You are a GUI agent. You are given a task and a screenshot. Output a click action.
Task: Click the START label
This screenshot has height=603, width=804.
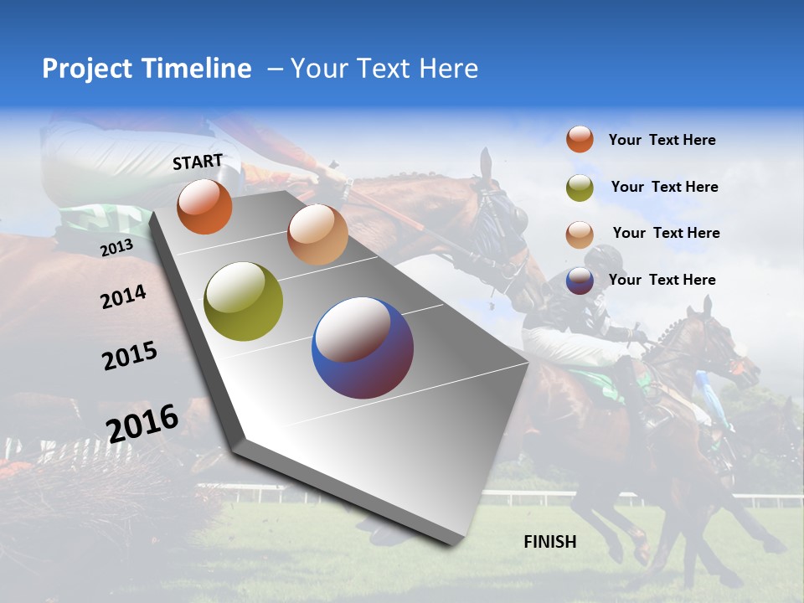(198, 162)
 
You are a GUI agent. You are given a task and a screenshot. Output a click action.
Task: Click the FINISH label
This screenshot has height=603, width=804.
(549, 542)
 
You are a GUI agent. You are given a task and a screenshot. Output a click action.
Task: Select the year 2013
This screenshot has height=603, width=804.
(116, 247)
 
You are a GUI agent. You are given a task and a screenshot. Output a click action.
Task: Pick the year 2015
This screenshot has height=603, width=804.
(130, 356)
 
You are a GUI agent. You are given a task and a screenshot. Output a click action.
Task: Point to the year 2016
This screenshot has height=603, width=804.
(142, 422)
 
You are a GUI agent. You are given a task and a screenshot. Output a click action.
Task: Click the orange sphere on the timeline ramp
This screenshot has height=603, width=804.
(204, 206)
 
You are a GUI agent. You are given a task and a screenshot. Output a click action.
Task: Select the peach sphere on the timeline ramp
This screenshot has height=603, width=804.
(317, 234)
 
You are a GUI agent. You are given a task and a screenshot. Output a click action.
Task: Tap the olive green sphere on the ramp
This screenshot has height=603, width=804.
(243, 301)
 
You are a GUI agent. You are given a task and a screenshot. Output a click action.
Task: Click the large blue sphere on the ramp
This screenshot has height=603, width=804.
(363, 348)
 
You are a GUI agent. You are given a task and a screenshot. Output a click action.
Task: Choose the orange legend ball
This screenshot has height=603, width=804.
(580, 139)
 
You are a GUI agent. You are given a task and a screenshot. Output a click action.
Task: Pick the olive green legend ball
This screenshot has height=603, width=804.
(580, 188)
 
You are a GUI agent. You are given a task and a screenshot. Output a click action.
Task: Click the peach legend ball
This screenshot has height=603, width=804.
(580, 234)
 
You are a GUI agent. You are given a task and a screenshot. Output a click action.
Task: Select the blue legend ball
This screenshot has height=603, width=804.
(580, 281)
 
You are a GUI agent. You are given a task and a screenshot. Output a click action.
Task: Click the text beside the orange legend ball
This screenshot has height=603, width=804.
(662, 141)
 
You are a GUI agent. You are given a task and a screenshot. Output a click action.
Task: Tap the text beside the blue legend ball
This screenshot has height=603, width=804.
(662, 280)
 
